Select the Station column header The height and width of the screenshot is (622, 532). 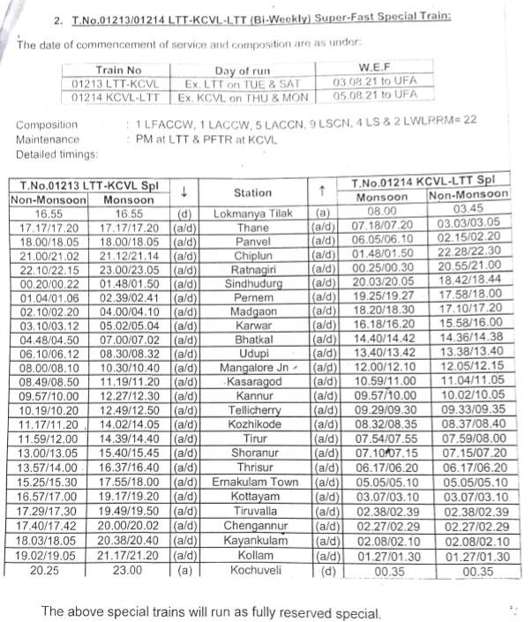[252, 192]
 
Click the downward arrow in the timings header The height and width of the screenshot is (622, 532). [184, 192]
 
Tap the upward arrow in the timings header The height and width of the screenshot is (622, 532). [323, 192]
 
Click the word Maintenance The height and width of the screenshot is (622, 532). [47, 139]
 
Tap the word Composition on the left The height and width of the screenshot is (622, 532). [47, 125]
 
